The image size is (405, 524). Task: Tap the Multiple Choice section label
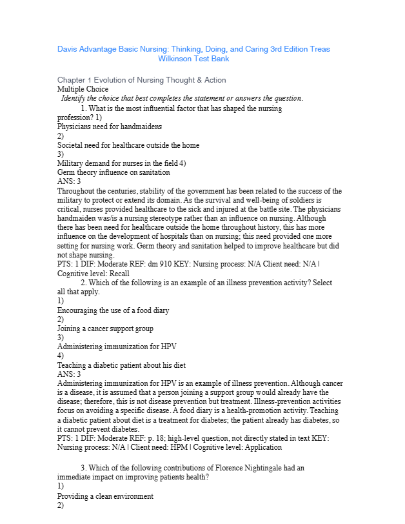pos(83,89)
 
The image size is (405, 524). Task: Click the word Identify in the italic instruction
pos(75,98)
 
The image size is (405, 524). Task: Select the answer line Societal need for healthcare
pos(128,145)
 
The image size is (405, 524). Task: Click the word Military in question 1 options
pos(70,163)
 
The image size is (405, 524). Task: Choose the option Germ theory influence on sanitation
pos(114,172)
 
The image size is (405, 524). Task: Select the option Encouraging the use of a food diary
pos(113,310)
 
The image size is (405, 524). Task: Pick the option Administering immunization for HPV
pos(112,346)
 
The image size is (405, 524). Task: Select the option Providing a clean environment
pos(105,497)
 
